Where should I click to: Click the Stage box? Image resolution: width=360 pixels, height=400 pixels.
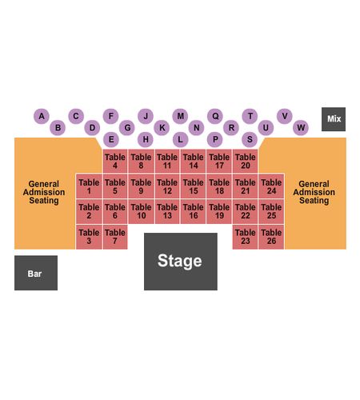pyautogui.click(x=181, y=262)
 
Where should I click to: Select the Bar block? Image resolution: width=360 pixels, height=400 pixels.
pyautogui.click(x=36, y=273)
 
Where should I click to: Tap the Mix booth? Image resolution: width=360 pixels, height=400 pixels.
pyautogui.click(x=334, y=119)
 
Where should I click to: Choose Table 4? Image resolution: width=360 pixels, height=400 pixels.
pyautogui.click(x=115, y=161)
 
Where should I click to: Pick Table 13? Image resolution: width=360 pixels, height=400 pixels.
pyautogui.click(x=167, y=211)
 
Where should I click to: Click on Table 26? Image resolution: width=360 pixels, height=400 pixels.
pyautogui.click(x=271, y=237)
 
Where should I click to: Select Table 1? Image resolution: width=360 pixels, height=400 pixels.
pyautogui.click(x=89, y=186)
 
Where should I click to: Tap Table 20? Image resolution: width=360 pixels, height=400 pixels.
pyautogui.click(x=245, y=161)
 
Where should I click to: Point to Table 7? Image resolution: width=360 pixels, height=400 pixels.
pyautogui.click(x=115, y=237)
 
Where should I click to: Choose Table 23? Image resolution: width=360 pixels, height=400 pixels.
pyautogui.click(x=245, y=237)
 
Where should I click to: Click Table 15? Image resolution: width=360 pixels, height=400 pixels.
pyautogui.click(x=194, y=186)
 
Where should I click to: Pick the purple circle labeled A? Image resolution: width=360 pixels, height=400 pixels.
pyautogui.click(x=42, y=116)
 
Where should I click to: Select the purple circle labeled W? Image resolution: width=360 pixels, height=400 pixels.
pyautogui.click(x=301, y=128)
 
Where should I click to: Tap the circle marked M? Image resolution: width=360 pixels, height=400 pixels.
pyautogui.click(x=180, y=116)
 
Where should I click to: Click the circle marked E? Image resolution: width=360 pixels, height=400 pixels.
pyautogui.click(x=111, y=139)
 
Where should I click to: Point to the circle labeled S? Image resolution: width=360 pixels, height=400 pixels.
pyautogui.click(x=250, y=139)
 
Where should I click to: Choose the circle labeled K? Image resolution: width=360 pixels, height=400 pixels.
pyautogui.click(x=162, y=128)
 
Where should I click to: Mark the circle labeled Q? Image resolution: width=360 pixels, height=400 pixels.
pyautogui.click(x=215, y=116)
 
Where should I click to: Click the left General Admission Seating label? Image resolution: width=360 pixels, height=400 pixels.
pyautogui.click(x=44, y=192)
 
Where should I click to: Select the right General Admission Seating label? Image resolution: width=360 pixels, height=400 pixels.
pyautogui.click(x=314, y=192)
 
